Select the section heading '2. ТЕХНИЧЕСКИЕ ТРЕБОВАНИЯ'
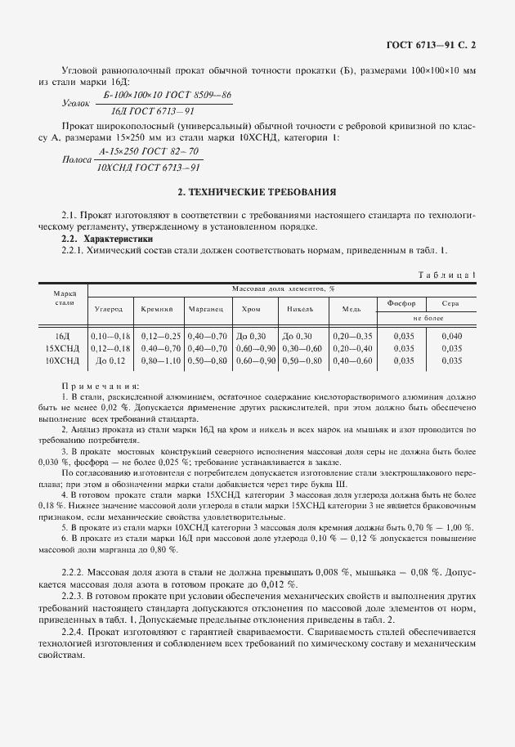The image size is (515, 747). pos(257,192)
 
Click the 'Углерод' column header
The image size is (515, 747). pos(109,310)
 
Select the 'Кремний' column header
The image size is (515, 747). pos(156,310)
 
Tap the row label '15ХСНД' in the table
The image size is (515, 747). pos(62,347)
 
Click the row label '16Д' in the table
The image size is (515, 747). pos(62,336)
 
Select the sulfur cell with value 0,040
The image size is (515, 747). pos(451,336)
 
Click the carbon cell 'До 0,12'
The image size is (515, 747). pos(110,360)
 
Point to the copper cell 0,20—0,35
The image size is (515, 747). pos(353,336)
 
